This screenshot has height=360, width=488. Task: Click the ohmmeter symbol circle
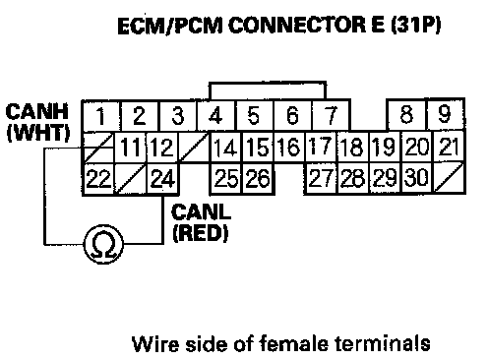click(x=103, y=244)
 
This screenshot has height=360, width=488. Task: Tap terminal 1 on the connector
click(x=101, y=116)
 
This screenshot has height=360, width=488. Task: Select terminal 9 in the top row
click(x=445, y=114)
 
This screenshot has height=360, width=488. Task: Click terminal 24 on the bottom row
click(x=162, y=179)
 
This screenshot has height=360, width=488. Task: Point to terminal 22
click(x=98, y=179)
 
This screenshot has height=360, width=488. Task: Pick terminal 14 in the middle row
click(x=225, y=147)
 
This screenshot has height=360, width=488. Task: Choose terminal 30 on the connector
click(x=417, y=177)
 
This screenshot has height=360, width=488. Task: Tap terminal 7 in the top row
click(x=331, y=115)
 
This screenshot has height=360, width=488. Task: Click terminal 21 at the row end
click(x=449, y=146)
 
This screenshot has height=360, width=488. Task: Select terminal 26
click(x=258, y=179)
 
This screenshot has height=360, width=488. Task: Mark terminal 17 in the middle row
click(x=321, y=147)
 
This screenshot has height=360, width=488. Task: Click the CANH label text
click(x=36, y=112)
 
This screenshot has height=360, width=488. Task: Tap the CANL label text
click(x=201, y=211)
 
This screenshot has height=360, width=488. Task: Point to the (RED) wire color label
click(x=201, y=233)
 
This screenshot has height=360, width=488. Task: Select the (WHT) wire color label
click(x=38, y=133)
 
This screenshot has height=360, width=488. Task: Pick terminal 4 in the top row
click(x=215, y=116)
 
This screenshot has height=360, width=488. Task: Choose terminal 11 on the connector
click(x=131, y=147)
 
